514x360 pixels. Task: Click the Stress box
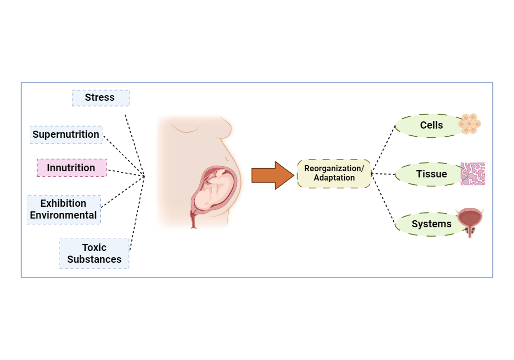coord(101,98)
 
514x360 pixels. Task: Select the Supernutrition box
coord(66,135)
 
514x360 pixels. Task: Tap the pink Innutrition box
coord(72,168)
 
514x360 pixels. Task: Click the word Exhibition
coord(63,203)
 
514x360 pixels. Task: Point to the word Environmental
coord(63,215)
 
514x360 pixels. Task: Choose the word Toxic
coord(95,247)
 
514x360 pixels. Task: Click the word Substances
coord(95,259)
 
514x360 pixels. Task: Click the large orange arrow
coord(273,175)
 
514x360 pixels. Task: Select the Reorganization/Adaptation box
coord(334,174)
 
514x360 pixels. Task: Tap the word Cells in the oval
coord(431,125)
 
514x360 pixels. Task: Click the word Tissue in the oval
coord(431,174)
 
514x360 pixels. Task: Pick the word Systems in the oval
coord(431,224)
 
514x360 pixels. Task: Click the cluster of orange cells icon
coord(469,123)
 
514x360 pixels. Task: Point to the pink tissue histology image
coord(473,174)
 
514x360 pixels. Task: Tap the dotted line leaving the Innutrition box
coord(126,173)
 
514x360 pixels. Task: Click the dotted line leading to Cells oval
coord(383,148)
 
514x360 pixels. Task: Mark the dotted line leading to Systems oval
coord(383,200)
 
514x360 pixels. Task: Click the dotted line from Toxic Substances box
coord(137,213)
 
